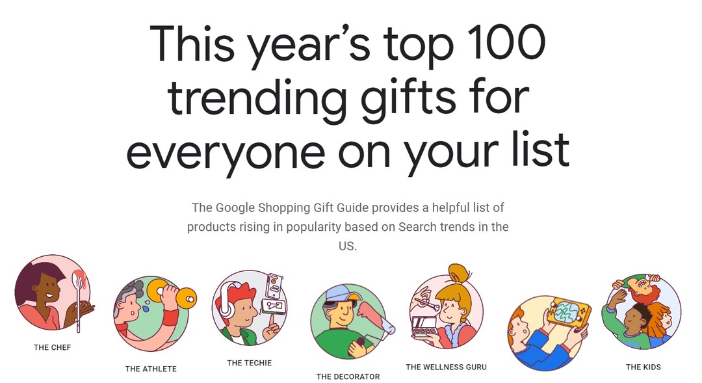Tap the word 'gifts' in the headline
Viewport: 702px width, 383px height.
point(408,99)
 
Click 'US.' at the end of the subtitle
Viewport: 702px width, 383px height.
point(347,246)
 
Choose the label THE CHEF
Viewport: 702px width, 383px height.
point(53,347)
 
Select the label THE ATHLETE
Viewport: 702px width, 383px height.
point(151,369)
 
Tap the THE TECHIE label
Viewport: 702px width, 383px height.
point(250,363)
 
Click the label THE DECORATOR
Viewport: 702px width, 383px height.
point(348,376)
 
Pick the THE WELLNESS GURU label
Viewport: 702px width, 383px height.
point(447,367)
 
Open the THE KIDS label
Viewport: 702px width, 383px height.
point(643,367)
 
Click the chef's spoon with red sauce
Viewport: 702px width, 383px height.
point(79,296)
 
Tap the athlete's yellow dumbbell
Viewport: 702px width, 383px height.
point(172,294)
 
